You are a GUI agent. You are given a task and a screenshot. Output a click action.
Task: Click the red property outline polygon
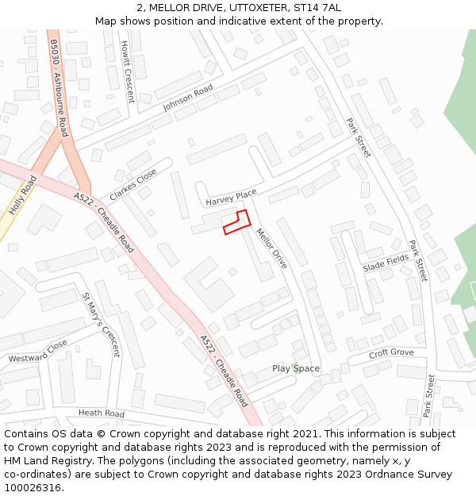pos(236,222)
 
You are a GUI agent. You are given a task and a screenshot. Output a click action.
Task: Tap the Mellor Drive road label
pos(271,248)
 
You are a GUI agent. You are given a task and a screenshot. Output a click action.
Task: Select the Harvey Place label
pos(231,198)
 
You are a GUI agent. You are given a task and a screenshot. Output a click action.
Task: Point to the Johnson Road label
pos(188,98)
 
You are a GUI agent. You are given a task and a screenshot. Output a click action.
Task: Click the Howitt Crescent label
pos(127,73)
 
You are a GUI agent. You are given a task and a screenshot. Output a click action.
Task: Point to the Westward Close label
pos(38,352)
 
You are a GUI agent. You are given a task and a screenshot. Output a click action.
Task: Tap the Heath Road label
pos(102,413)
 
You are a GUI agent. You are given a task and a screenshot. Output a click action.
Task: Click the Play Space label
pos(296,368)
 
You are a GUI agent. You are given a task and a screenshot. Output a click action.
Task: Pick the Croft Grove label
pos(392,352)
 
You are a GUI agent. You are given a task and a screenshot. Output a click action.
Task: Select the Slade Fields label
pos(386,263)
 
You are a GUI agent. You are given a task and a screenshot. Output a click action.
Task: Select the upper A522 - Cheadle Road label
pos(104,221)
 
